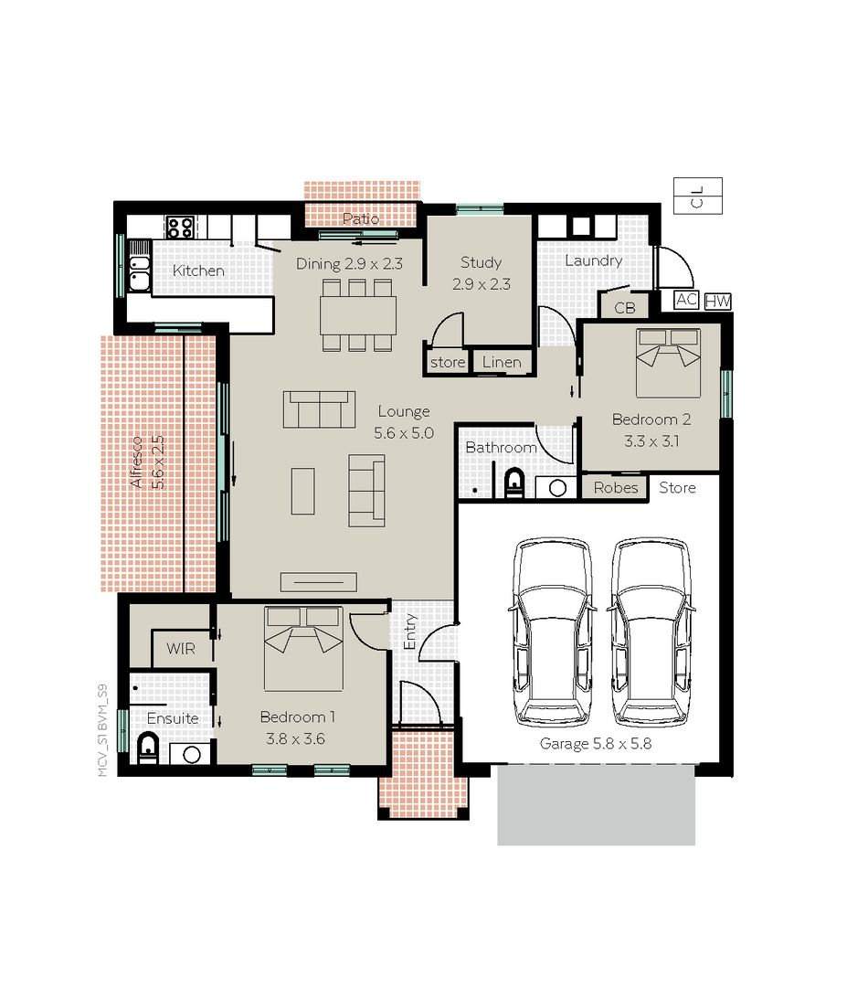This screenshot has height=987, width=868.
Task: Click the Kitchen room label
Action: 198,271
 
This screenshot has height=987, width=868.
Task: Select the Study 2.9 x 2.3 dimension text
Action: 481,284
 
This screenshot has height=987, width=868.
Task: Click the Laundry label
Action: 593,260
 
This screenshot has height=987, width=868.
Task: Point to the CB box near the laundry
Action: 624,308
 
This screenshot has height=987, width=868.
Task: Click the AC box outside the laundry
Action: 686,300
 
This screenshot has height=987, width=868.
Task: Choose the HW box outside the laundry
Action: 717,301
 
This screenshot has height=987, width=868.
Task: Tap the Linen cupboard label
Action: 502,363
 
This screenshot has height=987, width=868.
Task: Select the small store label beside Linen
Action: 448,363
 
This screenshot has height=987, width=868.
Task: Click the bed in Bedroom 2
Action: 668,361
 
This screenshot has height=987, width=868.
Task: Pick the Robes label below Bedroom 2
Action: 616,488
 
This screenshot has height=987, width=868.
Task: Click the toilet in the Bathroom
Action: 513,482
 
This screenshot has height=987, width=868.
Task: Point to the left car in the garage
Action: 551,631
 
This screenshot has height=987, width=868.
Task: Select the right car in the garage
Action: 650,631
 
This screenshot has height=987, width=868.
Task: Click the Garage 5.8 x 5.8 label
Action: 595,744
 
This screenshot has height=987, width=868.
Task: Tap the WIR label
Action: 180,649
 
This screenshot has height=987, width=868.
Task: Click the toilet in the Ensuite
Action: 148,748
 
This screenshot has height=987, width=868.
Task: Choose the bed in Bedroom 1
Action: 303,647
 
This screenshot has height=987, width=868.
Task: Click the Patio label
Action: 361,218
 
